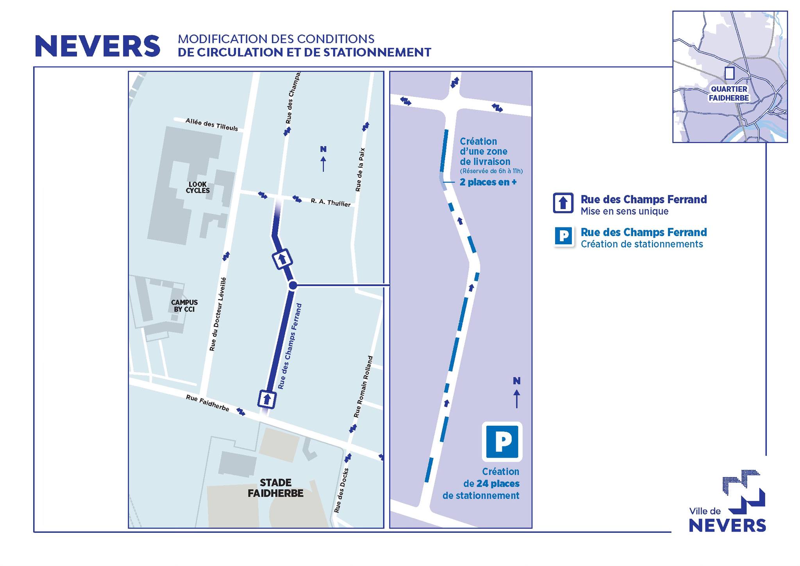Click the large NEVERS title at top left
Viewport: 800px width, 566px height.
click(x=98, y=46)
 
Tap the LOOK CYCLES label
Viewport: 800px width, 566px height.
click(x=198, y=188)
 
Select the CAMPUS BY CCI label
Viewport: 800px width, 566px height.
click(x=184, y=306)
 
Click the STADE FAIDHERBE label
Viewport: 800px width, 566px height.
click(x=275, y=488)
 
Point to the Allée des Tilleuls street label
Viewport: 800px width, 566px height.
click(x=212, y=124)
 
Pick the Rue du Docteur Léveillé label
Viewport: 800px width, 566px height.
click(x=218, y=314)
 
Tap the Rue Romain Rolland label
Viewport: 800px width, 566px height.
click(x=363, y=386)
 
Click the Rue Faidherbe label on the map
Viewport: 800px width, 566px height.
click(x=207, y=403)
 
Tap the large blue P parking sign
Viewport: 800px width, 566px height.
click(x=502, y=442)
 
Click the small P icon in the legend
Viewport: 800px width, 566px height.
click(x=564, y=236)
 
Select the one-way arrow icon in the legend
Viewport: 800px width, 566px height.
click(x=563, y=203)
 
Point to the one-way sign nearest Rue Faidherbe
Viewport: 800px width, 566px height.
click(x=267, y=399)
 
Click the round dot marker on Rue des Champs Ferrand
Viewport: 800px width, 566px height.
click(x=293, y=286)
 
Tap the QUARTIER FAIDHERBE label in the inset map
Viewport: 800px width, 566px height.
click(x=729, y=93)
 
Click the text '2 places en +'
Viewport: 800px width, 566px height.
click(x=488, y=182)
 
